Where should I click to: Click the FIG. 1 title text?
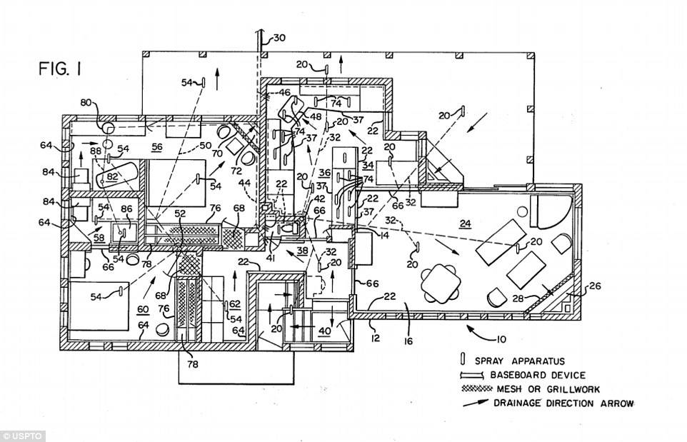point(61,69)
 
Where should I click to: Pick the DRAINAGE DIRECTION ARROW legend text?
point(561,403)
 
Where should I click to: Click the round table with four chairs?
point(440,281)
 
